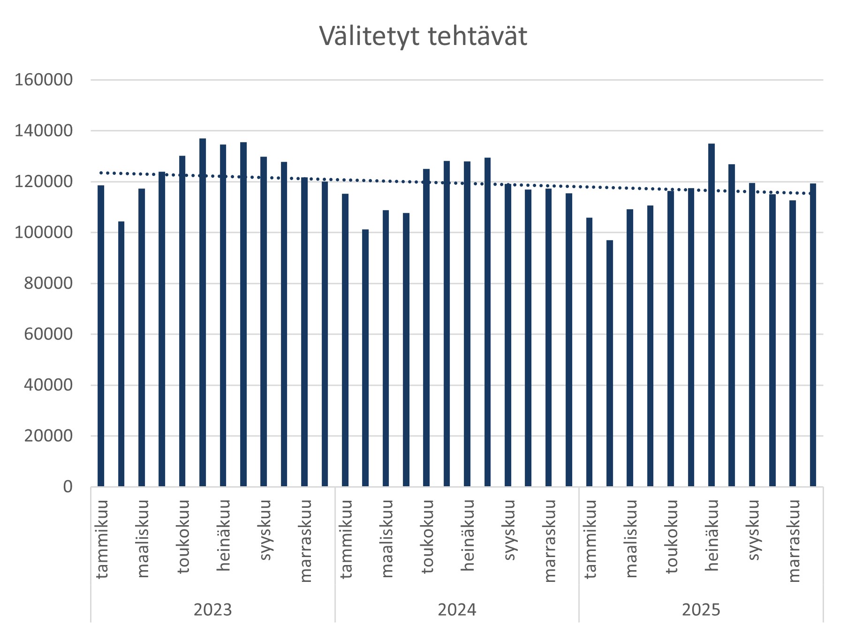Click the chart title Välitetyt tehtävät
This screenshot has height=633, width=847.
click(423, 36)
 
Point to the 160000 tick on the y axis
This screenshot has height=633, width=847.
click(44, 80)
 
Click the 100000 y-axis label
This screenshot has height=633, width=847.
click(44, 233)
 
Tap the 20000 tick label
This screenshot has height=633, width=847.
click(48, 436)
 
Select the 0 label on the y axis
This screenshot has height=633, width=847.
click(68, 487)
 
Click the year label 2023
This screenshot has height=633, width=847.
click(212, 610)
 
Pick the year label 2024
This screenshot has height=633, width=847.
click(457, 610)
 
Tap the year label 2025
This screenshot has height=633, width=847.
click(701, 610)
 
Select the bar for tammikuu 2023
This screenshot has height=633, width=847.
click(101, 336)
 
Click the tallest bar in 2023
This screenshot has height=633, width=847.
click(203, 312)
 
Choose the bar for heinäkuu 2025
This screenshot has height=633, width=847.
click(711, 315)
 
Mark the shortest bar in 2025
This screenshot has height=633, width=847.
click(610, 363)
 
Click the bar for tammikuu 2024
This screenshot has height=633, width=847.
click(345, 340)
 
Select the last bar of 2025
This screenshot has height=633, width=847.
click(813, 335)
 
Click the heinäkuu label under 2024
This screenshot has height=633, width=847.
click(468, 535)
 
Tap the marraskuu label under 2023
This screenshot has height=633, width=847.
click(305, 541)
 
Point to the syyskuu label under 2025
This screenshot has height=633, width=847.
click(753, 530)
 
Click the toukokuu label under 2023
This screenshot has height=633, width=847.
click(183, 537)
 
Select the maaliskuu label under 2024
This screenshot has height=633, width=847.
click(387, 538)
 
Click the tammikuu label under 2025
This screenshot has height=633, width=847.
click(590, 539)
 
